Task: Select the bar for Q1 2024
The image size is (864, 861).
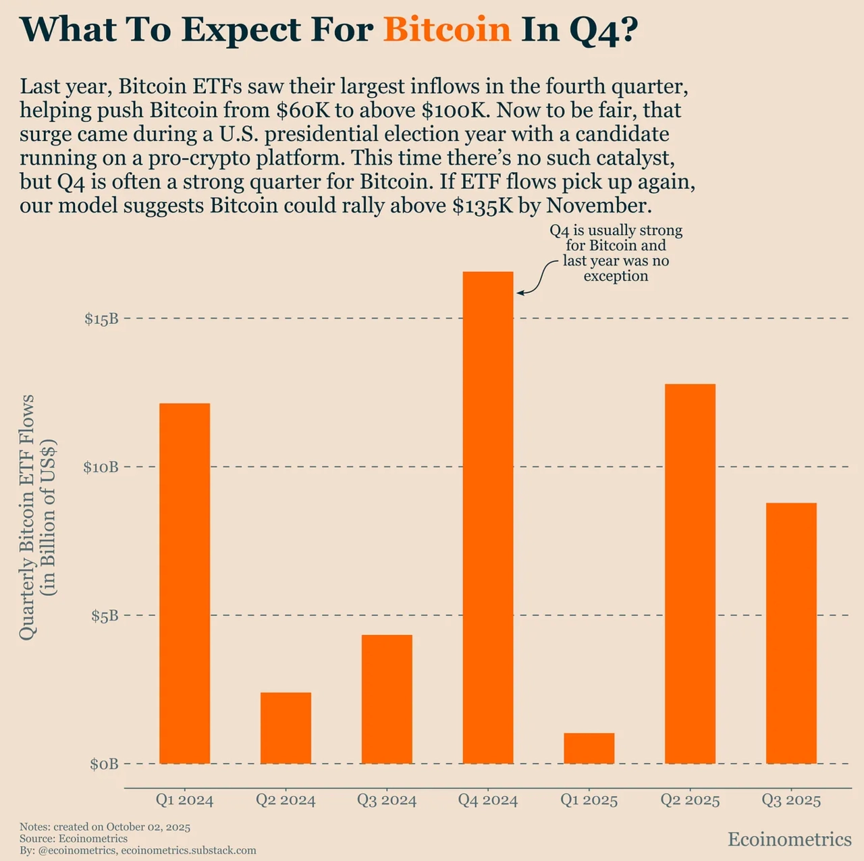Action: pos(184,584)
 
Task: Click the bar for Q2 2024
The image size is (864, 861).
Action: pos(286,728)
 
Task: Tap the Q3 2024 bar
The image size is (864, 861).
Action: pos(387,699)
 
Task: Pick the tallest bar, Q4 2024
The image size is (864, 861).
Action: pos(488,518)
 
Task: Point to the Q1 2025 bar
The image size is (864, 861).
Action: pos(589,748)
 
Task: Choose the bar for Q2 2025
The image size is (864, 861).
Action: pos(690,574)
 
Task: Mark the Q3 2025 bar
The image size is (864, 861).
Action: pos(791,633)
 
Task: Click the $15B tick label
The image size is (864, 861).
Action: pos(101,318)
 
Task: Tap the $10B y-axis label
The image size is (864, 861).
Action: pos(101,467)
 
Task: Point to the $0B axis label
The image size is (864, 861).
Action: pos(104,764)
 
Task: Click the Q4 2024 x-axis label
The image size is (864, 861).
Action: pos(488,800)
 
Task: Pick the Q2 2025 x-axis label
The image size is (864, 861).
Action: pos(690,800)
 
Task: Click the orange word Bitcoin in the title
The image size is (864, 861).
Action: pos(447,30)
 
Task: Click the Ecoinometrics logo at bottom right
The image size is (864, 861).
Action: pos(790,839)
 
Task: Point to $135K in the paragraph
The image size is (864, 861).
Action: pos(483,205)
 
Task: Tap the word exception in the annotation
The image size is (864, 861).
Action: pos(616,276)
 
